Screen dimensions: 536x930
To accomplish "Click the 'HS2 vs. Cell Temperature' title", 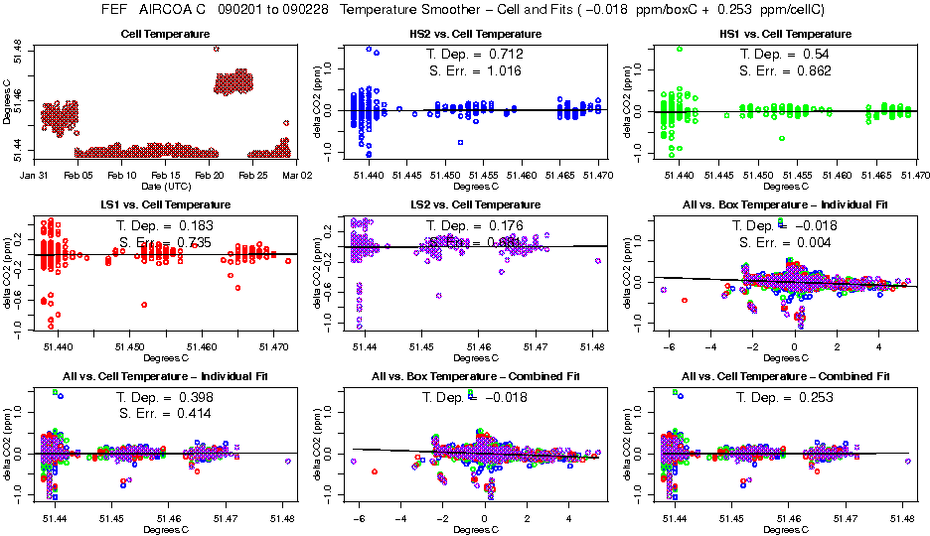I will [476, 34].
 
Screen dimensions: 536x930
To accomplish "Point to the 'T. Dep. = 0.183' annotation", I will [170, 225].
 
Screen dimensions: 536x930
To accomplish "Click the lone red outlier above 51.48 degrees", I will [216, 48].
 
